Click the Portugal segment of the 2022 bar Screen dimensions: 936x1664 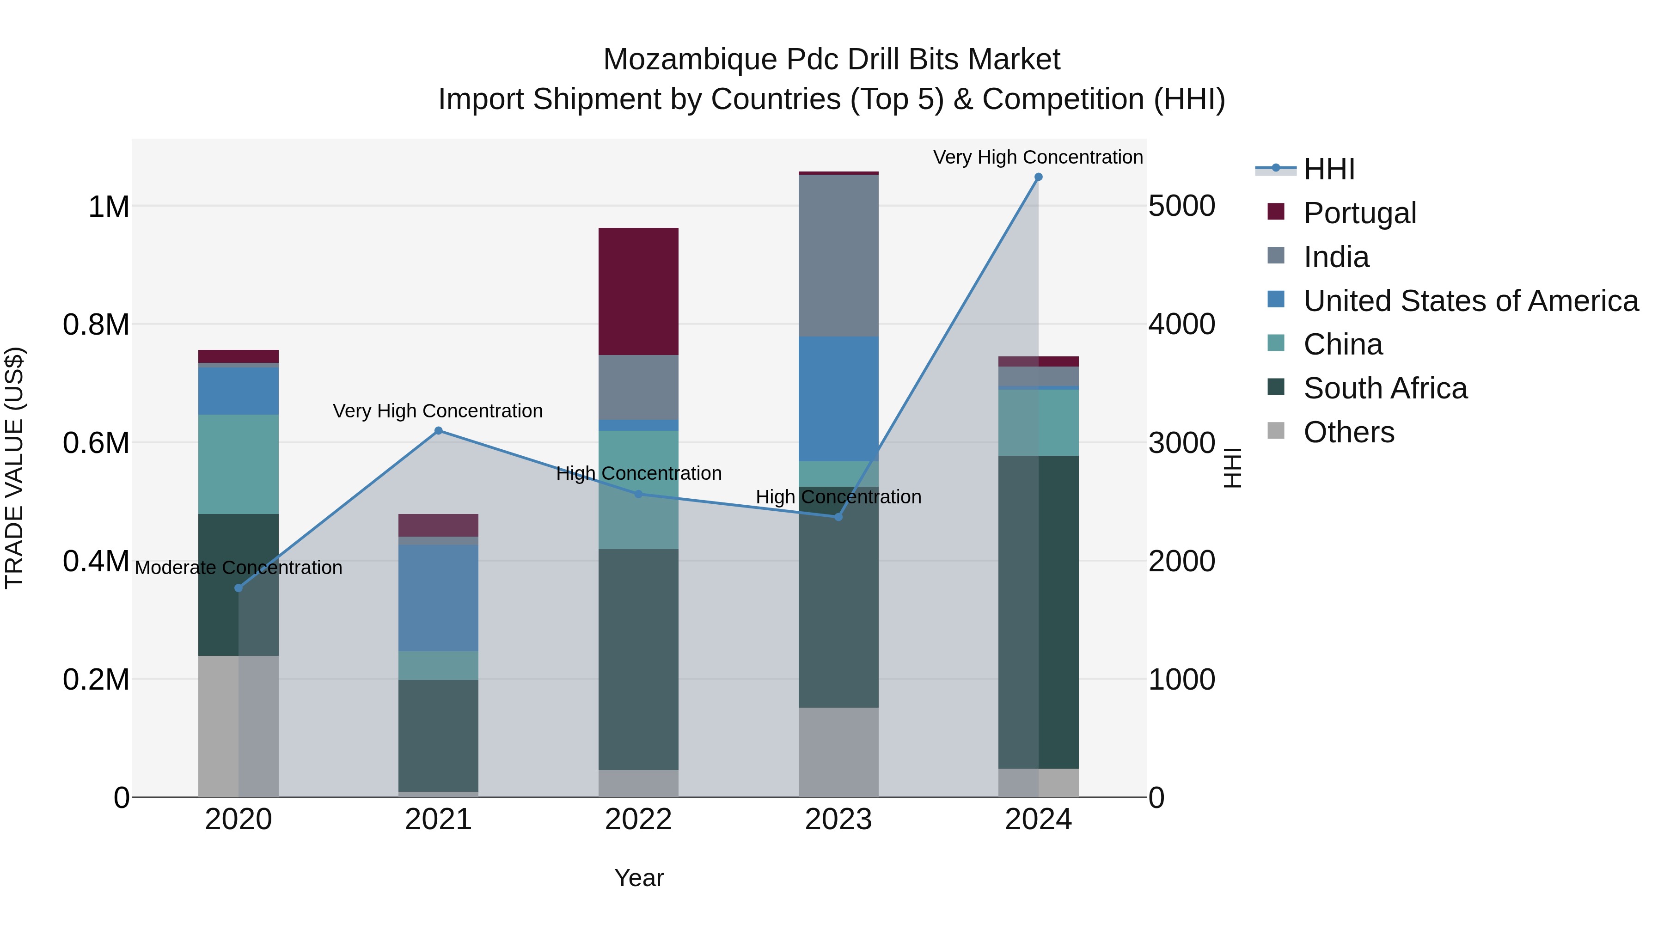click(638, 291)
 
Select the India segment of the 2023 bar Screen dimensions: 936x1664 click(838, 255)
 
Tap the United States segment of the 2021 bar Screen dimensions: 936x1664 click(438, 598)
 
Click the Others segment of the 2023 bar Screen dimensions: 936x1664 click(838, 752)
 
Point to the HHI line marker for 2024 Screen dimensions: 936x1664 click(1038, 177)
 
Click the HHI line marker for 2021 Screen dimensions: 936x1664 click(438, 431)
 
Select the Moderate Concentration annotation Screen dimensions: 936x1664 click(239, 568)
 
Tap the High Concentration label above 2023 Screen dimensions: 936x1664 click(838, 497)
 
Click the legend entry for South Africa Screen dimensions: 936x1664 click(1385, 388)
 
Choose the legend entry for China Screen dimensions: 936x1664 click(1343, 344)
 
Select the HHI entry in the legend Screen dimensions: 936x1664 click(1329, 169)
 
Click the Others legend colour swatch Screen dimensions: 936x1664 click(1276, 431)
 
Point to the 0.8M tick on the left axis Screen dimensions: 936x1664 click(96, 324)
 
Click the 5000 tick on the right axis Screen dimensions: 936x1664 click(1181, 206)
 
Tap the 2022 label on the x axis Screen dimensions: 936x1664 click(638, 820)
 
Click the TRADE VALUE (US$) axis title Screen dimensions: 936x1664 click(14, 468)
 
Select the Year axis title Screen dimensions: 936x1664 click(638, 878)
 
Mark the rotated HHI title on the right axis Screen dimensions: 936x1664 click(1232, 468)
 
